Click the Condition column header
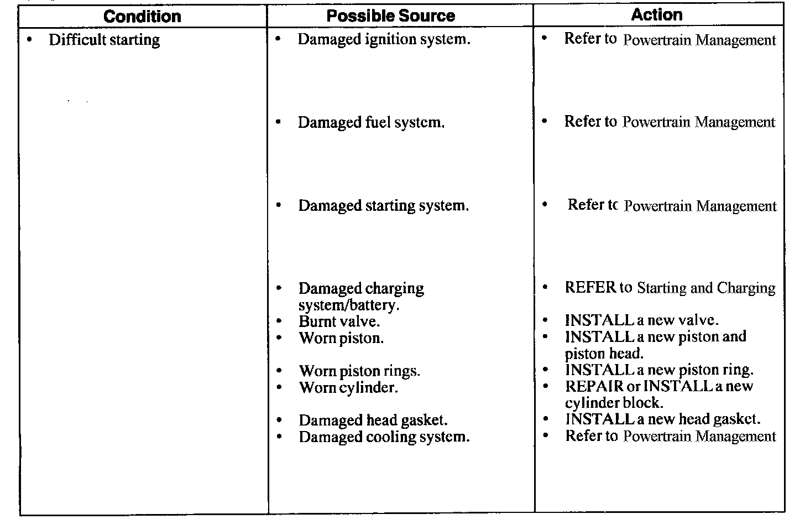click(142, 17)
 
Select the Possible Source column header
click(390, 15)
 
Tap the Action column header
click(656, 15)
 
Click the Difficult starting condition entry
click(104, 40)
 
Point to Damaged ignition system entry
click(384, 39)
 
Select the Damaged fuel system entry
click(371, 122)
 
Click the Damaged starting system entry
click(383, 206)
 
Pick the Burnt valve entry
click(339, 321)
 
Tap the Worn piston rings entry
click(359, 371)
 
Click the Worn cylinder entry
click(348, 387)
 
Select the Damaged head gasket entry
click(373, 421)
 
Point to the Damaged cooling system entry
click(384, 437)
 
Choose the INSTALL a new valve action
click(641, 320)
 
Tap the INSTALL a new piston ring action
click(659, 370)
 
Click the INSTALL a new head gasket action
click(662, 419)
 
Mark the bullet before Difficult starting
click(29, 40)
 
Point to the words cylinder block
click(614, 403)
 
